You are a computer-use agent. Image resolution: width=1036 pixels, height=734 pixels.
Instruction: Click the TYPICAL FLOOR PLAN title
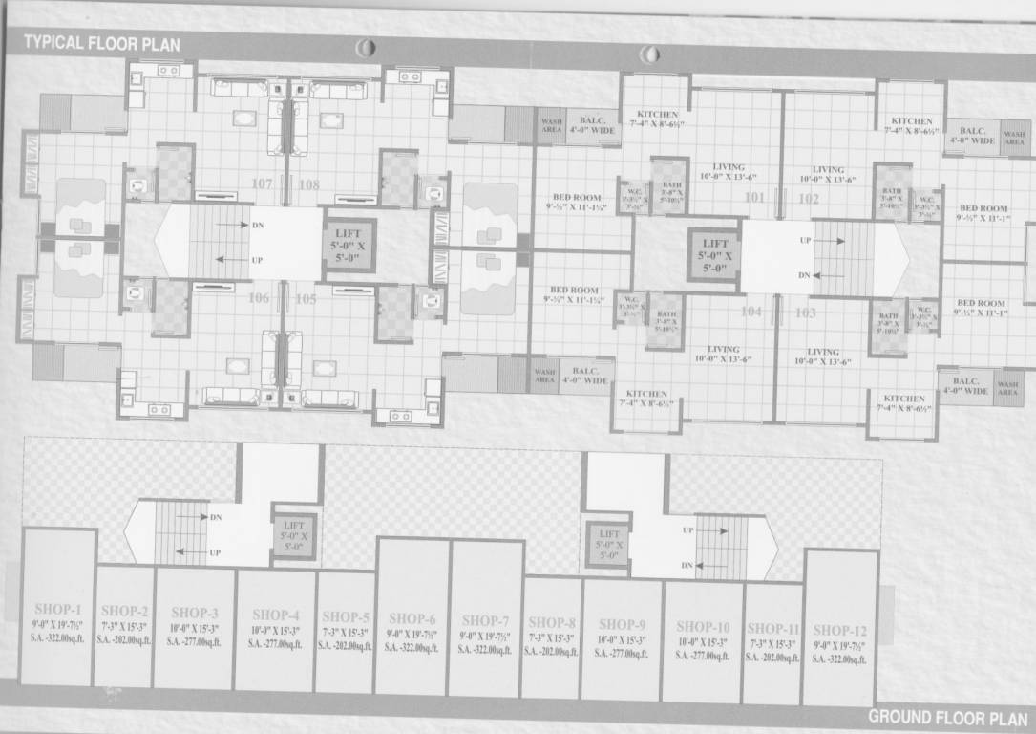pyautogui.click(x=102, y=43)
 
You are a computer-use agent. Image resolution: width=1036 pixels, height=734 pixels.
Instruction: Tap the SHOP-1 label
pyautogui.click(x=58, y=609)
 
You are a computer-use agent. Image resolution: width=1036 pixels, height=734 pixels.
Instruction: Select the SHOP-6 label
pyautogui.click(x=412, y=618)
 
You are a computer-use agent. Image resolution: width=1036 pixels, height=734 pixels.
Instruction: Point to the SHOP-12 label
pyautogui.click(x=840, y=630)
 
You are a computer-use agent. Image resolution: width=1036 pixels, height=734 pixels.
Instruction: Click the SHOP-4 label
pyautogui.click(x=276, y=615)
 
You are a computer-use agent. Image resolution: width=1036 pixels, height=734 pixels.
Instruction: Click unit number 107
pyautogui.click(x=262, y=184)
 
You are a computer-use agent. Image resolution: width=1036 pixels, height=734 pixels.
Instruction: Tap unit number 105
pyautogui.click(x=306, y=299)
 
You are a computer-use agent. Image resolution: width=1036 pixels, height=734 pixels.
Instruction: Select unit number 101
pyautogui.click(x=754, y=199)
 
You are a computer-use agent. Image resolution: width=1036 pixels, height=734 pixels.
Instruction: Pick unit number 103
pyautogui.click(x=805, y=312)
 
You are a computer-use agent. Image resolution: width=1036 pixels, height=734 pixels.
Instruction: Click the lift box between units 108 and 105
pyautogui.click(x=350, y=244)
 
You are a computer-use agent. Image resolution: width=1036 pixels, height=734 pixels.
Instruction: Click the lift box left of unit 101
pyautogui.click(x=715, y=255)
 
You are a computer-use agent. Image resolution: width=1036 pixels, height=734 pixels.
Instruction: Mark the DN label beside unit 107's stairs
pyautogui.click(x=258, y=226)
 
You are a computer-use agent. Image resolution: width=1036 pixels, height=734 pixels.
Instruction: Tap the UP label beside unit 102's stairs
pyautogui.click(x=806, y=241)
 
